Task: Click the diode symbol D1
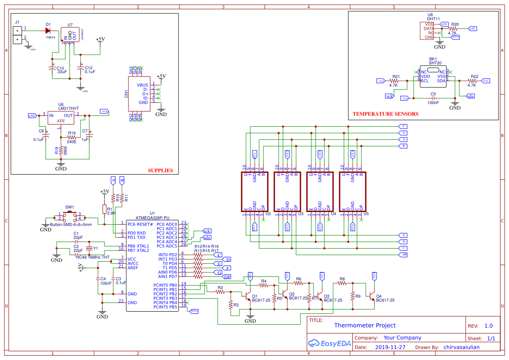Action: (x=48, y=30)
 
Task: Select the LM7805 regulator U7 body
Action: (x=70, y=34)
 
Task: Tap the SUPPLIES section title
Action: (x=160, y=171)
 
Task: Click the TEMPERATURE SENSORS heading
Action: (x=385, y=114)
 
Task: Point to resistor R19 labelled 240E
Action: (x=71, y=137)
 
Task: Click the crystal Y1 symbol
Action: (x=90, y=248)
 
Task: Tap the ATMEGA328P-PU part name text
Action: (x=152, y=217)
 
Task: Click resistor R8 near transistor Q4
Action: (x=342, y=283)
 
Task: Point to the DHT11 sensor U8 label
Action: (x=433, y=19)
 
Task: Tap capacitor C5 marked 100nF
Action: (x=433, y=98)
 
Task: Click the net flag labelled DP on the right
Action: (x=404, y=255)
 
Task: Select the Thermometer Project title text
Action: (x=365, y=325)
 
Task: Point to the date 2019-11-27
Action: (x=390, y=347)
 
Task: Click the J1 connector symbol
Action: (x=17, y=35)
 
